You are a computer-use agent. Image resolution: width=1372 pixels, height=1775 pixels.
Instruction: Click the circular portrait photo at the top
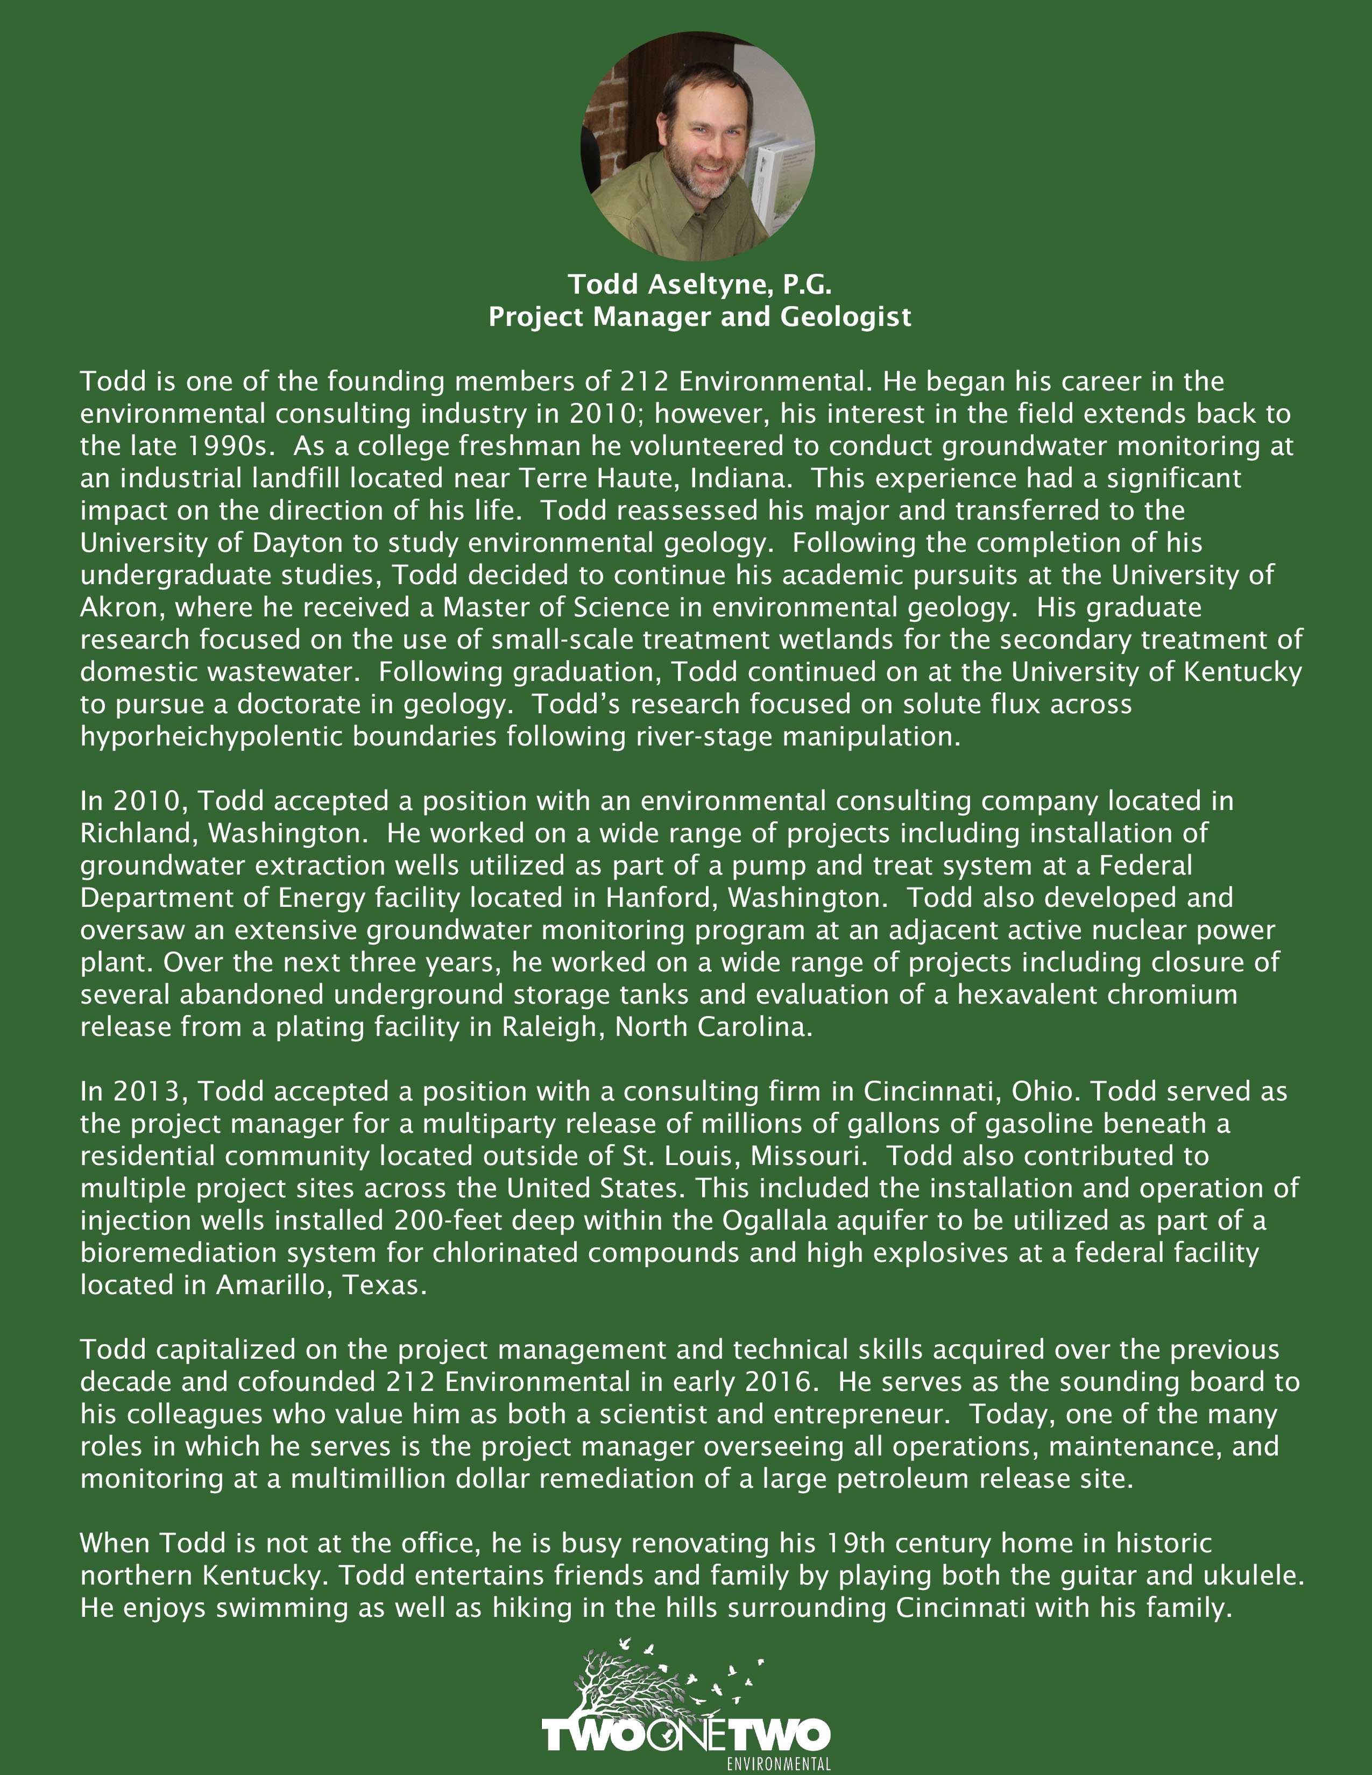[x=697, y=146]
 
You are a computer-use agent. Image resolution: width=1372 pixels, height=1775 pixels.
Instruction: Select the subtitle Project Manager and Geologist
[x=699, y=316]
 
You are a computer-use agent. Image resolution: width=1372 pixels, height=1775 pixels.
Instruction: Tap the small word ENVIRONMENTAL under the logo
[x=778, y=1764]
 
